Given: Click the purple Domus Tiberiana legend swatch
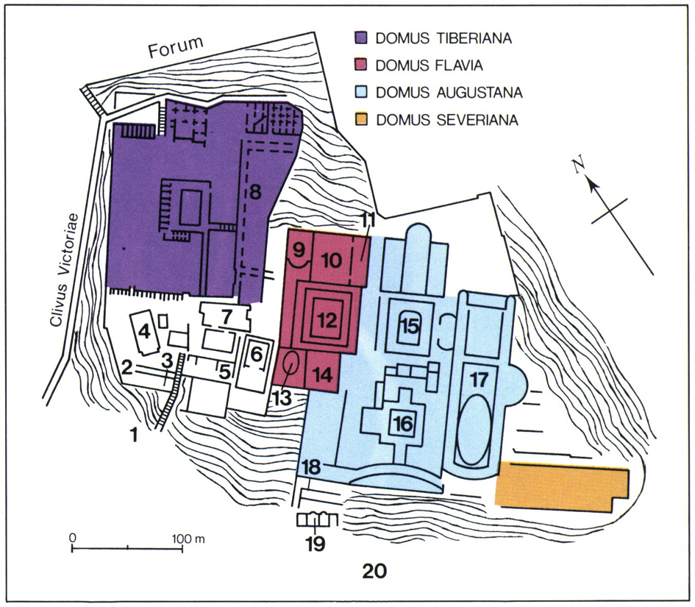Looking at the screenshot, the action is (362, 38).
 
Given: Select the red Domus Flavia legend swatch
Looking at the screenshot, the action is (362, 65).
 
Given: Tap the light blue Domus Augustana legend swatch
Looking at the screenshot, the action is (362, 92).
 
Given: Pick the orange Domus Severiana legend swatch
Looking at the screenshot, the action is (362, 120).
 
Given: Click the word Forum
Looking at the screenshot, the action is (176, 46).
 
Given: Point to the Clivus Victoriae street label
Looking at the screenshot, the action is (65, 270).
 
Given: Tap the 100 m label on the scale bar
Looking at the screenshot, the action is (188, 539).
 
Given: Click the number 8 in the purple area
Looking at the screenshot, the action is (255, 193).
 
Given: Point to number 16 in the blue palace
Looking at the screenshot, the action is (403, 425).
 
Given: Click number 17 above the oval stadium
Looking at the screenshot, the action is (480, 380).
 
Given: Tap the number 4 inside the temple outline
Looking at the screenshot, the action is (146, 332).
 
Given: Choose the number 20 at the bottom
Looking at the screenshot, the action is (374, 571).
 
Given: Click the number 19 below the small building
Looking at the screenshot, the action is (316, 544).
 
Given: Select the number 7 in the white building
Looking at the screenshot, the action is (227, 317).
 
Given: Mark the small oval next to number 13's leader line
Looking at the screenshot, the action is (291, 364).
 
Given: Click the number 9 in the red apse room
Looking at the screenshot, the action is (299, 250).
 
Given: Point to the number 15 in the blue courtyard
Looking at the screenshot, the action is (410, 327).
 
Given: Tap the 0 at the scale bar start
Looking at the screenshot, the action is (72, 538).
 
